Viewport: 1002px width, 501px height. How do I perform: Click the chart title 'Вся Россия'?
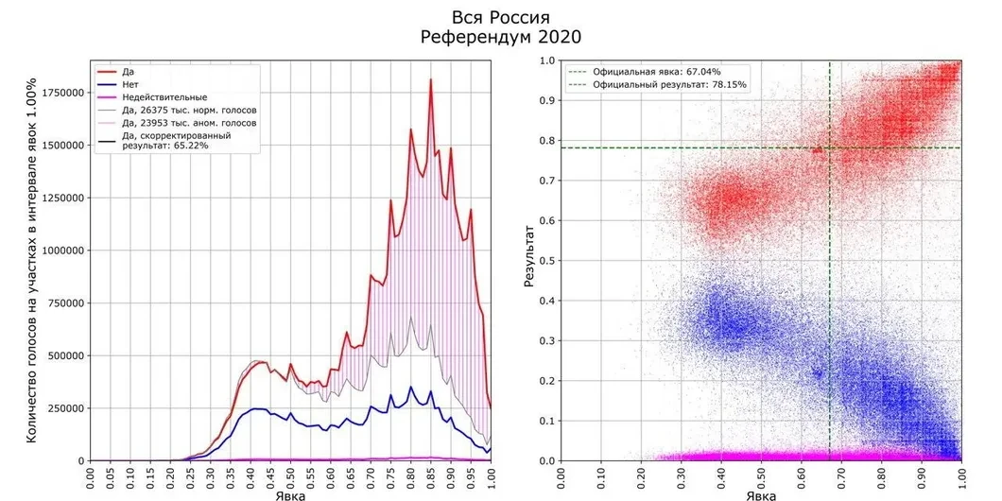pyautogui.click(x=501, y=17)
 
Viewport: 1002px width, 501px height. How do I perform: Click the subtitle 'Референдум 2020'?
pyautogui.click(x=501, y=37)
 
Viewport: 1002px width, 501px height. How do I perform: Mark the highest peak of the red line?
pyautogui.click(x=430, y=79)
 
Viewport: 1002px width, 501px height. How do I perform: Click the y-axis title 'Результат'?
pyautogui.click(x=530, y=260)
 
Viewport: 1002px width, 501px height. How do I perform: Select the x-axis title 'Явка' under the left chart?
pyautogui.click(x=291, y=494)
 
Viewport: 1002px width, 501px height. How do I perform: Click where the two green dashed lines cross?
pyautogui.click(x=830, y=147)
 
